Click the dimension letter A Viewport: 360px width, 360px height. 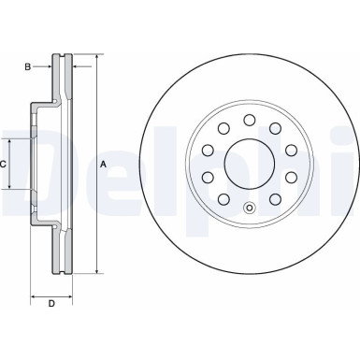[103, 165]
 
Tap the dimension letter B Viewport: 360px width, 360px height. [29, 66]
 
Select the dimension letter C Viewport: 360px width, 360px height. [4, 165]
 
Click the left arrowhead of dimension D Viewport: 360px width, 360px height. [34, 293]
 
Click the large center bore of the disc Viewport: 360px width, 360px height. [249, 164]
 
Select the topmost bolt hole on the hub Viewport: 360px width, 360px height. [249, 119]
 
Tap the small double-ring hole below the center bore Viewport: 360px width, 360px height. [249, 209]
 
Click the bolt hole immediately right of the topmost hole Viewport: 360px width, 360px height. [275, 128]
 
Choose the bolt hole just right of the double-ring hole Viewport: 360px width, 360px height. [275, 199]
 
